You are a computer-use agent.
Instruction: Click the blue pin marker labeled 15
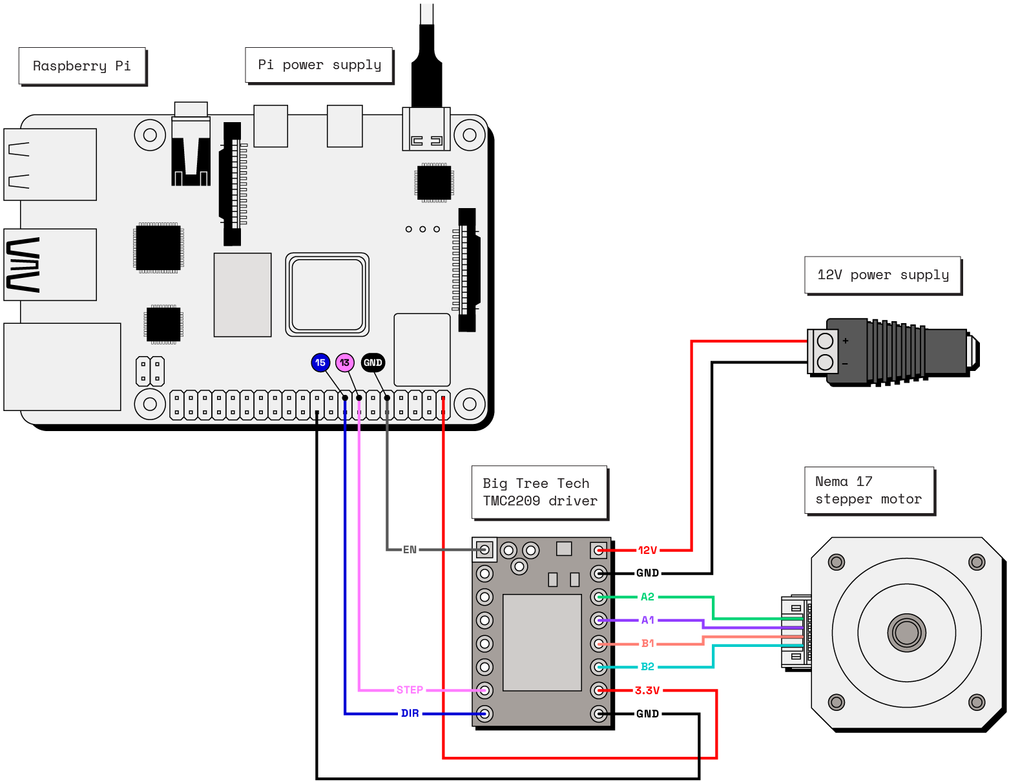320,363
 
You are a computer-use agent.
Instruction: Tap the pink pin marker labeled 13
345,363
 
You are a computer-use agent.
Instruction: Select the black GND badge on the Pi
373,363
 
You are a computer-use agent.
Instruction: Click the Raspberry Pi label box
82,66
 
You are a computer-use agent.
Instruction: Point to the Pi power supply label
319,65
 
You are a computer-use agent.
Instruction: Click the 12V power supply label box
882,275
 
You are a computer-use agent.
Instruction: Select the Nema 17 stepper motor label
869,491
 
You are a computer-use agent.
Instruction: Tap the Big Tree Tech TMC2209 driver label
539,492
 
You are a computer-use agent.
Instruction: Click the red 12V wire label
647,550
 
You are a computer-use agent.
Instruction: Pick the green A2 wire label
647,597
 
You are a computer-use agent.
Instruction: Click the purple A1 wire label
647,620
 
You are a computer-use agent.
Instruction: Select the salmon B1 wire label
647,643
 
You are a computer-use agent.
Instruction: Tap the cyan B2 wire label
647,666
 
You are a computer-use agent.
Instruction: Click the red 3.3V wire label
647,690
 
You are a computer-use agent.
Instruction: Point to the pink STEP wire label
410,690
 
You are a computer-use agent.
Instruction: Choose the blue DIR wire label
410,713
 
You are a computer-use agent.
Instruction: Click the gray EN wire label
410,549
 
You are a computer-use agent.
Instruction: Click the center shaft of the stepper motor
906,633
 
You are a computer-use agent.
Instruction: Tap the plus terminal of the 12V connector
825,341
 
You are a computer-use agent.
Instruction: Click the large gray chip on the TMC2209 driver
542,642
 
